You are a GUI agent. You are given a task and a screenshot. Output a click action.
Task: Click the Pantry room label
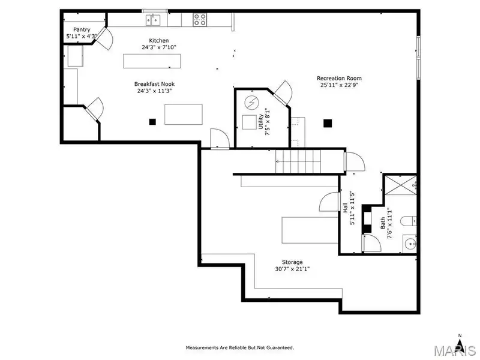[82, 29]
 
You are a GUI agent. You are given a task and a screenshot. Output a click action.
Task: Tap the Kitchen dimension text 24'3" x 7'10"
[159, 47]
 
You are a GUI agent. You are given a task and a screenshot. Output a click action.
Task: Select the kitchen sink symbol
[153, 20]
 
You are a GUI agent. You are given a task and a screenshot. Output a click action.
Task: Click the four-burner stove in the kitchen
[200, 20]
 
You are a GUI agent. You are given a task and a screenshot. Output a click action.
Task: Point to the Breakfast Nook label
[155, 84]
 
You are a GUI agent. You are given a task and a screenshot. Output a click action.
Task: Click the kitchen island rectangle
[152, 61]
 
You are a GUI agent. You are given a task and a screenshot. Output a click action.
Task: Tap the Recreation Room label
[339, 78]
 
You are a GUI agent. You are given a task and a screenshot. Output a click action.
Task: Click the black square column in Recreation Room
[328, 123]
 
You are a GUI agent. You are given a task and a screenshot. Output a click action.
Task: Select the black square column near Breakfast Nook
[152, 122]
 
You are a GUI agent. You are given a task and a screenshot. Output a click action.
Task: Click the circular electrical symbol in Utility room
[251, 103]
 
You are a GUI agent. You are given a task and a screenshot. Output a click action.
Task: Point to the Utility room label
[260, 122]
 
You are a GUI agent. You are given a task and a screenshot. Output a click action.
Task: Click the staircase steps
[298, 161]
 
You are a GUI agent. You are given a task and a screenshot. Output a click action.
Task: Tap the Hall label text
[345, 208]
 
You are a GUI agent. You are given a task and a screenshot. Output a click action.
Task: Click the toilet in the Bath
[408, 221]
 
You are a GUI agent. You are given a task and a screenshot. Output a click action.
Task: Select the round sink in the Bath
[410, 244]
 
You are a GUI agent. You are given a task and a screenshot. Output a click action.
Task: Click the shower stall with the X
[400, 185]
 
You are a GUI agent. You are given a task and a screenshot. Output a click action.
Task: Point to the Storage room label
[292, 262]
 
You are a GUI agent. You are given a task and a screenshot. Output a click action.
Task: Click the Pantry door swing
[106, 38]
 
